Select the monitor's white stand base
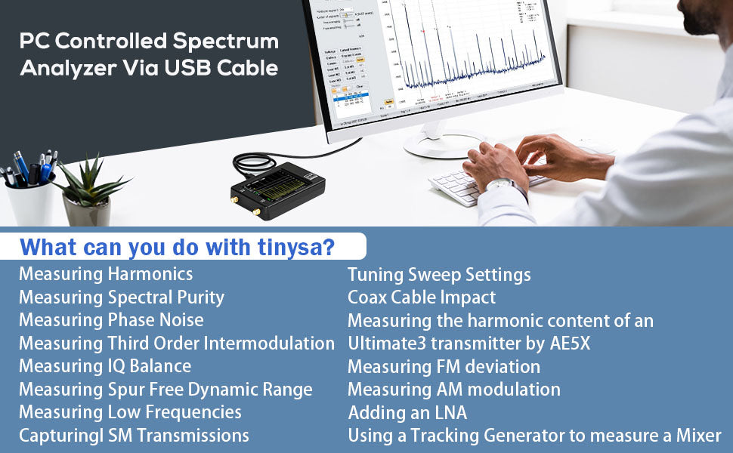pos(443,144)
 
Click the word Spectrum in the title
pos(226,41)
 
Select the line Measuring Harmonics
pos(106,273)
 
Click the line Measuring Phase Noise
pos(112,320)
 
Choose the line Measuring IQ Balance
pos(105,366)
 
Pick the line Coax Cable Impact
pos(422,297)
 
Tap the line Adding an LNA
pos(407,413)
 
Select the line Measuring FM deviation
pos(444,367)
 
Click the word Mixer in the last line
pos(699,436)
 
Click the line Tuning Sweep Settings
pos(439,274)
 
